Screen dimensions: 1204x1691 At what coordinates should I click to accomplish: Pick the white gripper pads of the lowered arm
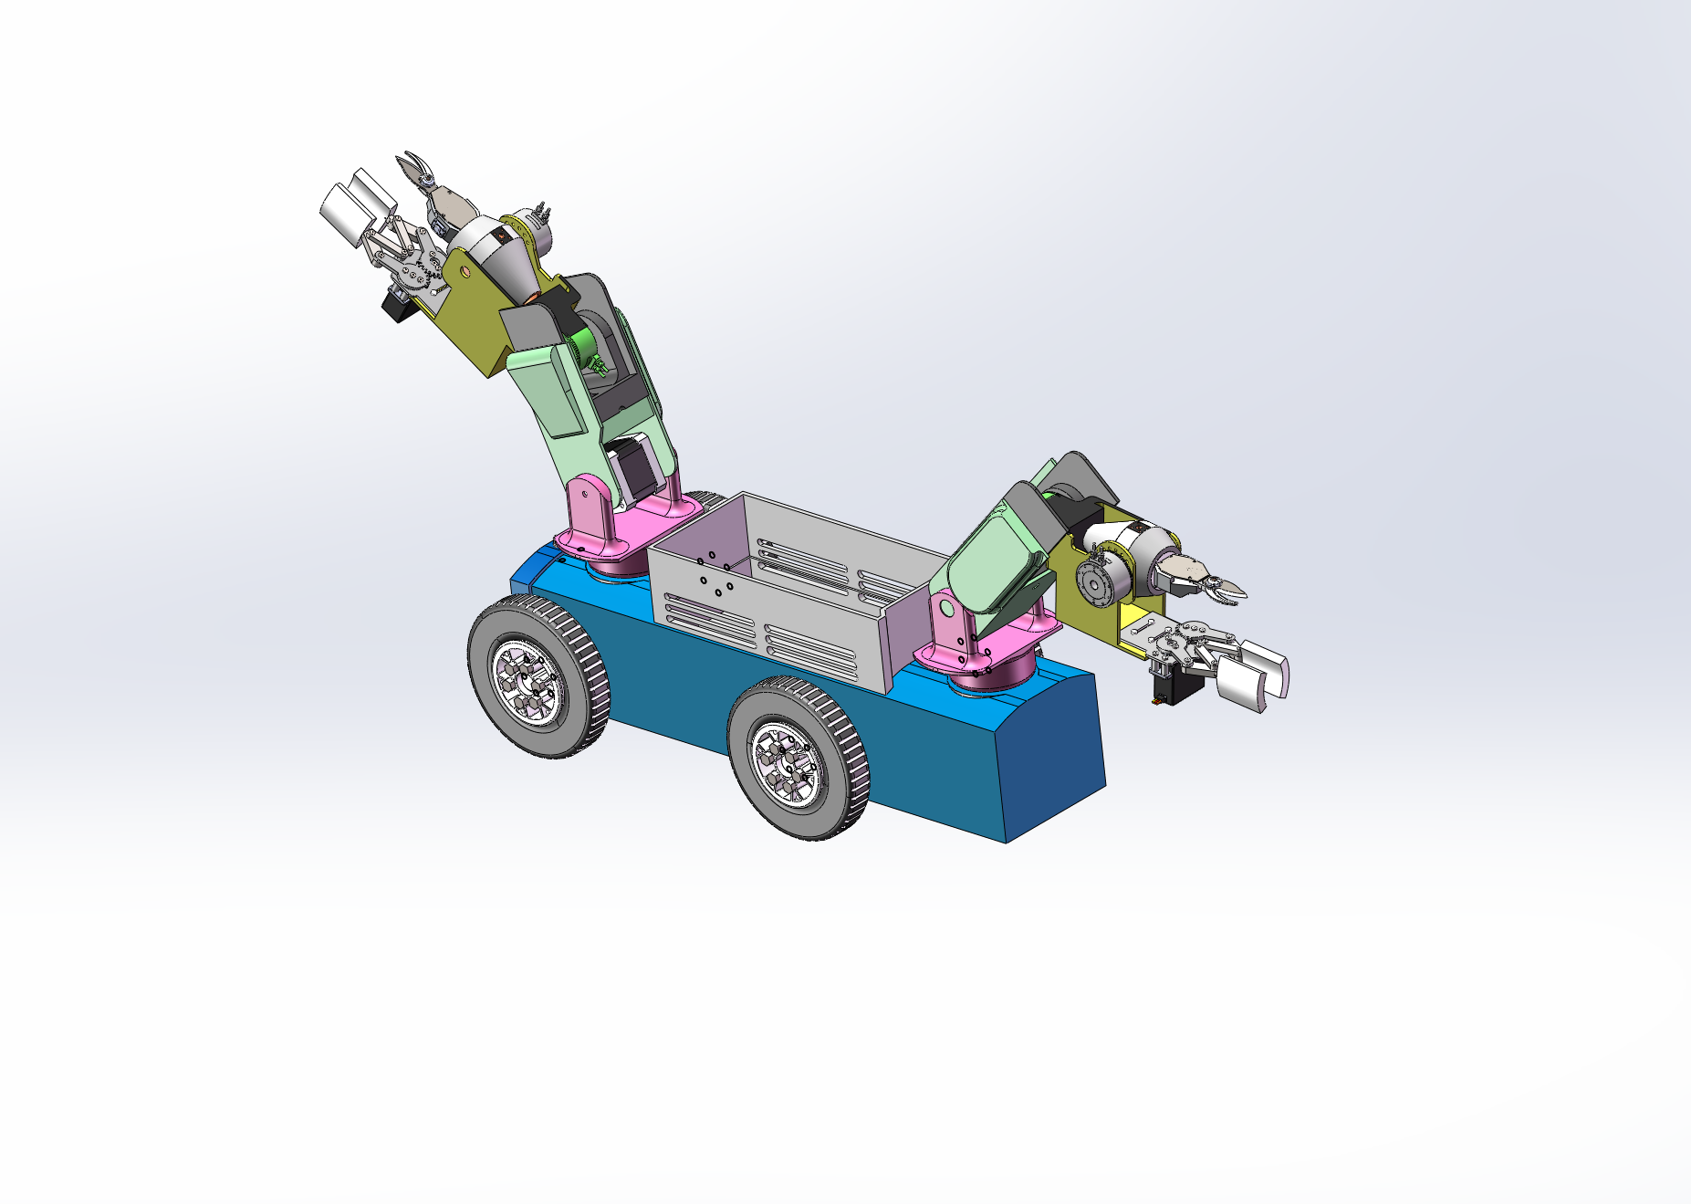click(x=1254, y=673)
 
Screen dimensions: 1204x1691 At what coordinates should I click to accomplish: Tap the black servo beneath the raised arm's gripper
click(x=400, y=307)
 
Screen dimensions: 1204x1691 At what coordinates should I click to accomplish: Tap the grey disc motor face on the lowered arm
click(x=1094, y=581)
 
